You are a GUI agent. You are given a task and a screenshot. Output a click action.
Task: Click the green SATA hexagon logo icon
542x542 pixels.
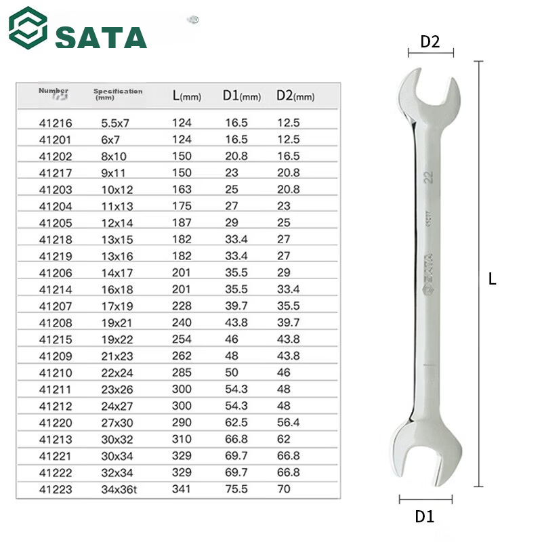coord(28,28)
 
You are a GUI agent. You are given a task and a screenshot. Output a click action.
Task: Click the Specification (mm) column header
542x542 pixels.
coord(118,94)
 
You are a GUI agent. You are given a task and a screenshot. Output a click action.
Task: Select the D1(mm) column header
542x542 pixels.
coord(242,96)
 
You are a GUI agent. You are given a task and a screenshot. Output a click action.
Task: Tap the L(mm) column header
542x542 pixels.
coord(187,96)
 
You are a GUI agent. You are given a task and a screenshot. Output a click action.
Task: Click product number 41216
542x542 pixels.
coord(56,123)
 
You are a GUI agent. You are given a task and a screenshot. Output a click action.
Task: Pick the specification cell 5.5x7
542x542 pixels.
coord(115,123)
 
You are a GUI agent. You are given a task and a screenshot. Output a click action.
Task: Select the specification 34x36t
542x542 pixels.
coord(119,489)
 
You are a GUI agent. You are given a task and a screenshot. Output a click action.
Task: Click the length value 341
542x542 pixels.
coord(182,489)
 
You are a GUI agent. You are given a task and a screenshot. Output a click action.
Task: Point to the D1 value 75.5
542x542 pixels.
coord(236,489)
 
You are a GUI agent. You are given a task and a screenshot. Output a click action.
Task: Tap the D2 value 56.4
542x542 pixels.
coord(289,422)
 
